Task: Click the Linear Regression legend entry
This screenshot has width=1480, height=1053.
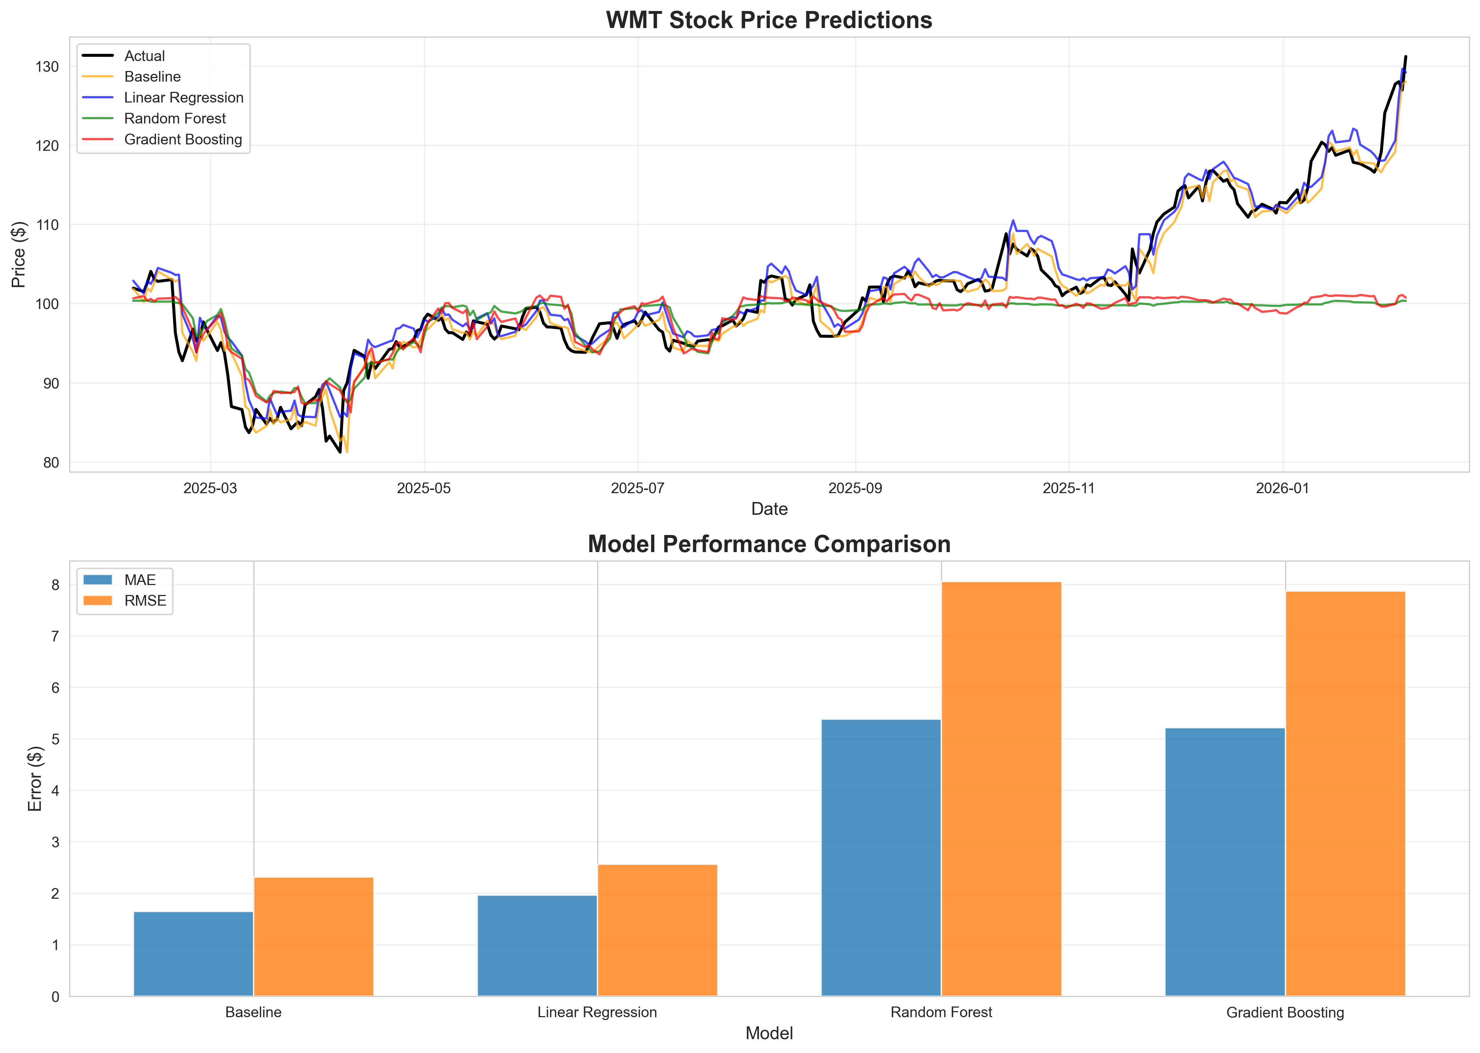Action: [x=183, y=97]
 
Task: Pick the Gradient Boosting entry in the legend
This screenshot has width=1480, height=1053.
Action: [x=183, y=139]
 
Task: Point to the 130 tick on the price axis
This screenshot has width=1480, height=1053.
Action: [x=47, y=67]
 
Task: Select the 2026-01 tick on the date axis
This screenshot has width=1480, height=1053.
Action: [x=1282, y=488]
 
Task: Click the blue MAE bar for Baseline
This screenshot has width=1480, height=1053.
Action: [x=193, y=953]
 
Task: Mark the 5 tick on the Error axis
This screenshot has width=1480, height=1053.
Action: [x=55, y=739]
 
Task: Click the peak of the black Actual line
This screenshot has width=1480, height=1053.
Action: [x=1405, y=57]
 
